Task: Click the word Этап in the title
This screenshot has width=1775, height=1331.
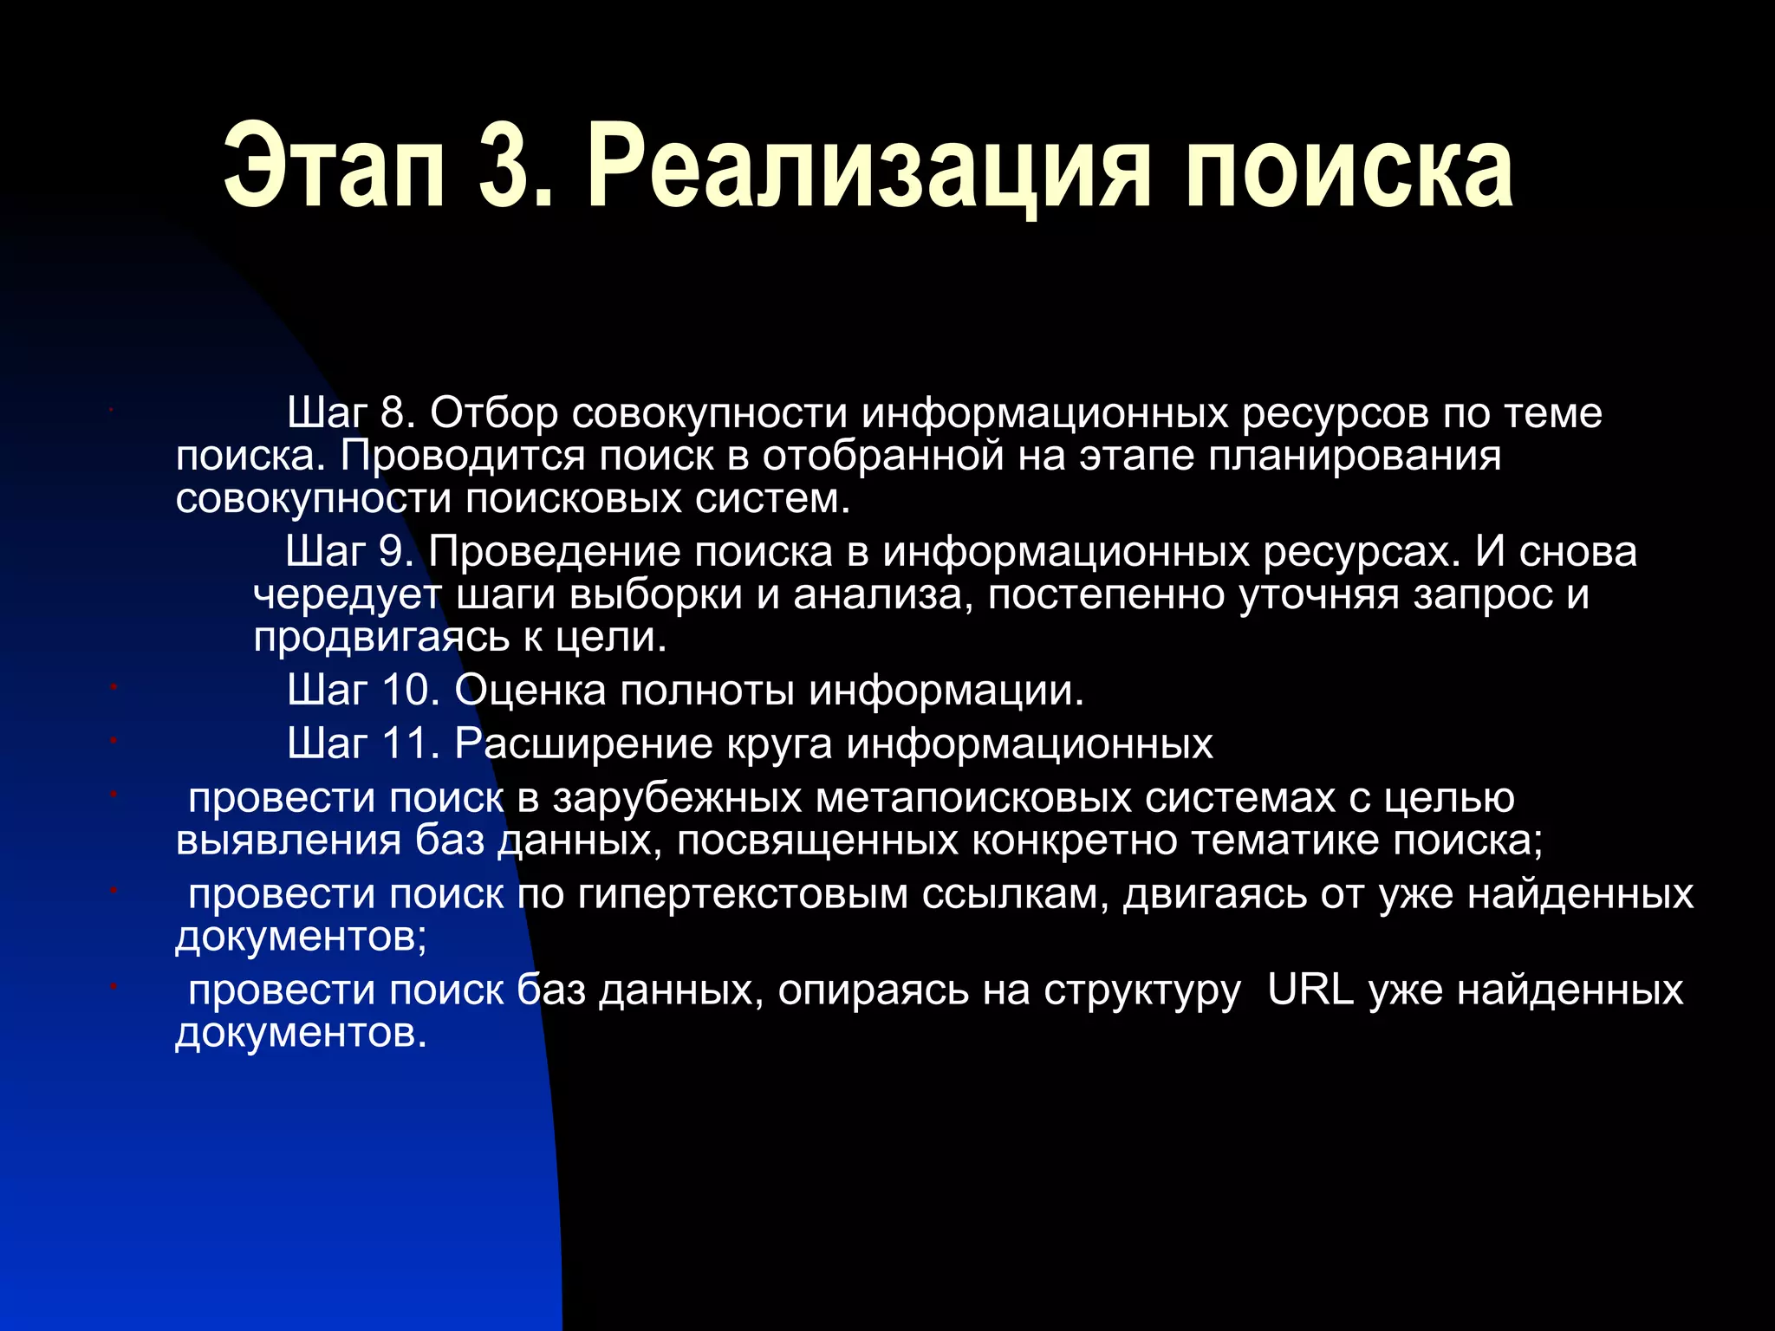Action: pos(335,166)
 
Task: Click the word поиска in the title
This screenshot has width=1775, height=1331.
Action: pos(1349,166)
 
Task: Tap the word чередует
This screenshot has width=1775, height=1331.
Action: pos(347,594)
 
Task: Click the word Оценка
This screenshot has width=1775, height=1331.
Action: pos(530,691)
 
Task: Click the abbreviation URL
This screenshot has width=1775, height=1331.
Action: pos(1310,990)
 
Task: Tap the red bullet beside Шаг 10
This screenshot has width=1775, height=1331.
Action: pos(114,687)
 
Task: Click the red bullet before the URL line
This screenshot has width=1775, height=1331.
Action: pos(114,986)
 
